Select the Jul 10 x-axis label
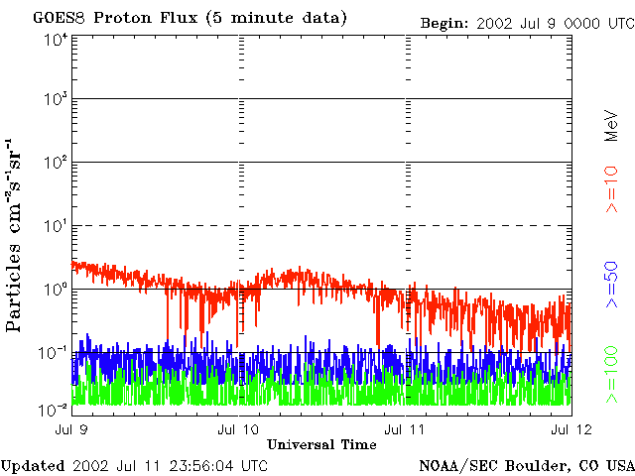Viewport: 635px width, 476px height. [237, 429]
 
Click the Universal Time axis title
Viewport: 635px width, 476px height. [321, 445]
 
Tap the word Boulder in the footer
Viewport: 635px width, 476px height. [540, 465]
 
